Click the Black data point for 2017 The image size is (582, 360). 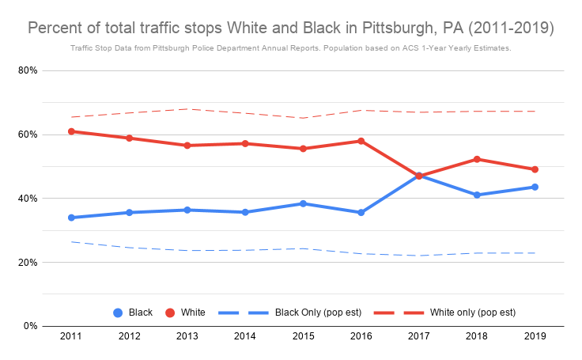419,175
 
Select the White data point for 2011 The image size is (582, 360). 71,131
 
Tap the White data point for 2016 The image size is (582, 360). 361,141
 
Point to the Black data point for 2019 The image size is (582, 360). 535,187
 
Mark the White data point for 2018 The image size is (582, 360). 477,159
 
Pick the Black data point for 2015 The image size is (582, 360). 303,203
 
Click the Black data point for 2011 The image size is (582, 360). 71,218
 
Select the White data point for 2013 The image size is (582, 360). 187,146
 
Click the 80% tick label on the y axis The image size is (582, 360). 28,70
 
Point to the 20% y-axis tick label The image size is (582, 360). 28,262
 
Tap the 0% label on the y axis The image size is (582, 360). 32,326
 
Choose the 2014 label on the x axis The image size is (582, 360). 245,336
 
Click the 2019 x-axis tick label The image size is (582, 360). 535,336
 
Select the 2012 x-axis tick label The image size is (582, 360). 129,336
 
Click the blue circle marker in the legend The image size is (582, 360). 118,313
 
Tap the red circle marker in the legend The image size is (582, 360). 168,313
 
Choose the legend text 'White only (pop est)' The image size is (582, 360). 472,313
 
